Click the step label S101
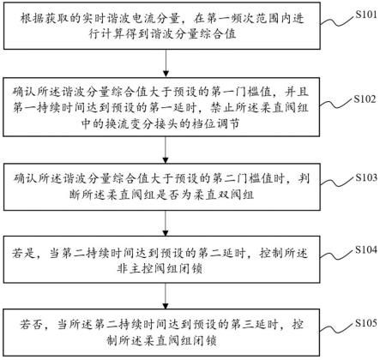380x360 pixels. point(366,15)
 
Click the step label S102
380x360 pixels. point(365,99)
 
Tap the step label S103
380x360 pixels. point(366,177)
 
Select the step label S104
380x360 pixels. point(366,249)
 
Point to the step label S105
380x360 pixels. point(366,323)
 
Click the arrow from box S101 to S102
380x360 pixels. point(166,63)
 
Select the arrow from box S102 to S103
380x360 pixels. point(166,150)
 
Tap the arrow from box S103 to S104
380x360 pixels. point(166,223)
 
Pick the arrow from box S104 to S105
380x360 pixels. point(166,296)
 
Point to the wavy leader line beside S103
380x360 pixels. point(337,183)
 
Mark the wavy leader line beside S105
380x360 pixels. point(337,328)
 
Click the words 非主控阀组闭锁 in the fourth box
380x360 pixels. point(160,269)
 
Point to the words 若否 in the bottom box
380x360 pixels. point(31,325)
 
